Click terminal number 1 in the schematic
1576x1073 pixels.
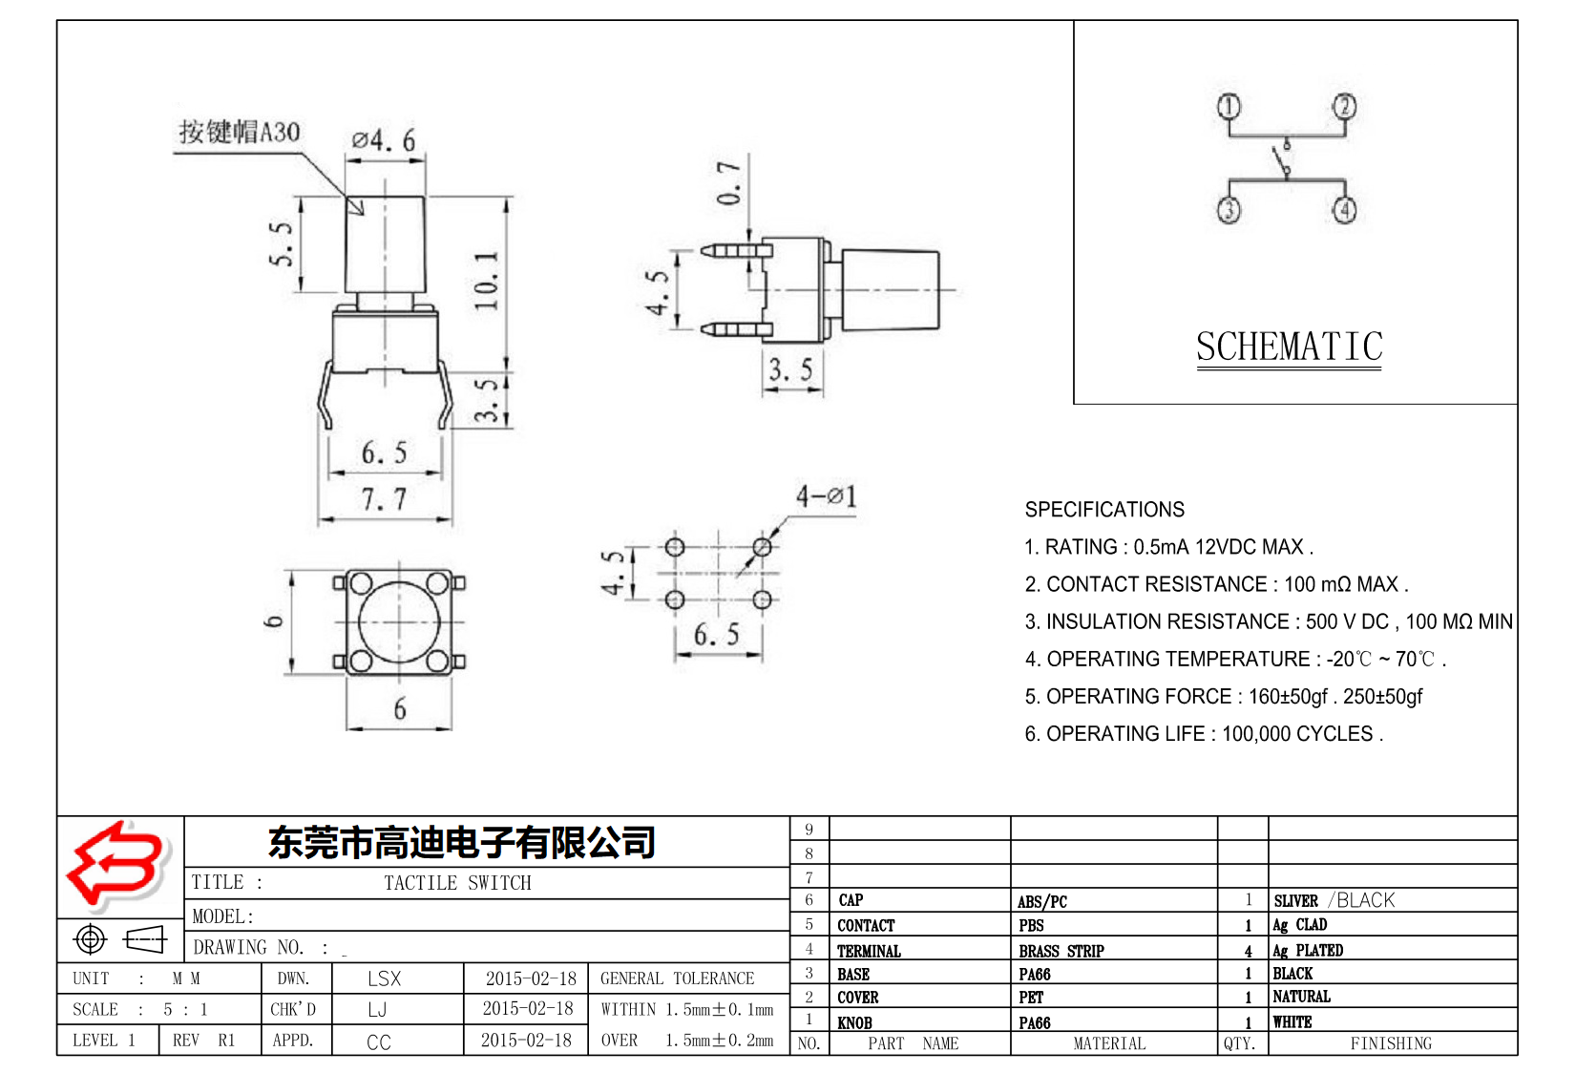click(1229, 106)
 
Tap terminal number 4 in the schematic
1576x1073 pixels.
click(1345, 209)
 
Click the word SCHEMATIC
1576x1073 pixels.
click(1289, 347)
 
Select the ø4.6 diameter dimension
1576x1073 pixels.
click(384, 140)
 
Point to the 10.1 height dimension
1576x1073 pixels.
click(487, 281)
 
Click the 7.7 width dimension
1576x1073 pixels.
click(384, 498)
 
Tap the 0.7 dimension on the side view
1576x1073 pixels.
click(729, 183)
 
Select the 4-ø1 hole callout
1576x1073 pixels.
click(827, 496)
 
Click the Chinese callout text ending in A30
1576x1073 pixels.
click(240, 132)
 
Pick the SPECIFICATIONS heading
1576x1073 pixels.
click(1104, 510)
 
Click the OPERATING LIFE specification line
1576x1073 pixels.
click(1203, 734)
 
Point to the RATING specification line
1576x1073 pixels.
click(1168, 547)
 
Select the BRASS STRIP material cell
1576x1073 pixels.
click(1061, 951)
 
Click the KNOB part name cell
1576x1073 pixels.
click(854, 1022)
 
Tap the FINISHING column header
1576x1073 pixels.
click(1391, 1043)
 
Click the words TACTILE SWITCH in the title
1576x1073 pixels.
click(457, 883)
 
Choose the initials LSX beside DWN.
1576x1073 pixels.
click(385, 978)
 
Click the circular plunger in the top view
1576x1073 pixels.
click(399, 621)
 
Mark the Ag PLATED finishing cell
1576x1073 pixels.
click(1308, 950)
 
